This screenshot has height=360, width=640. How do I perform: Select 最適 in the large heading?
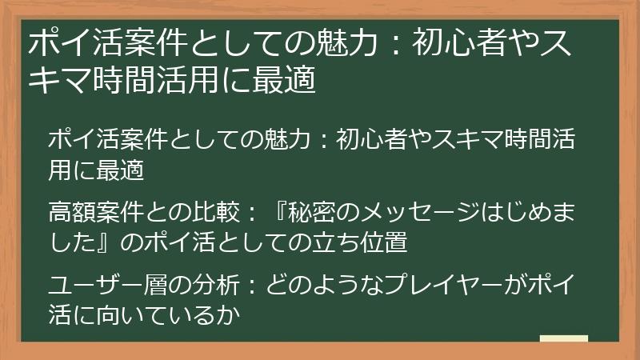pyautogui.click(x=290, y=81)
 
